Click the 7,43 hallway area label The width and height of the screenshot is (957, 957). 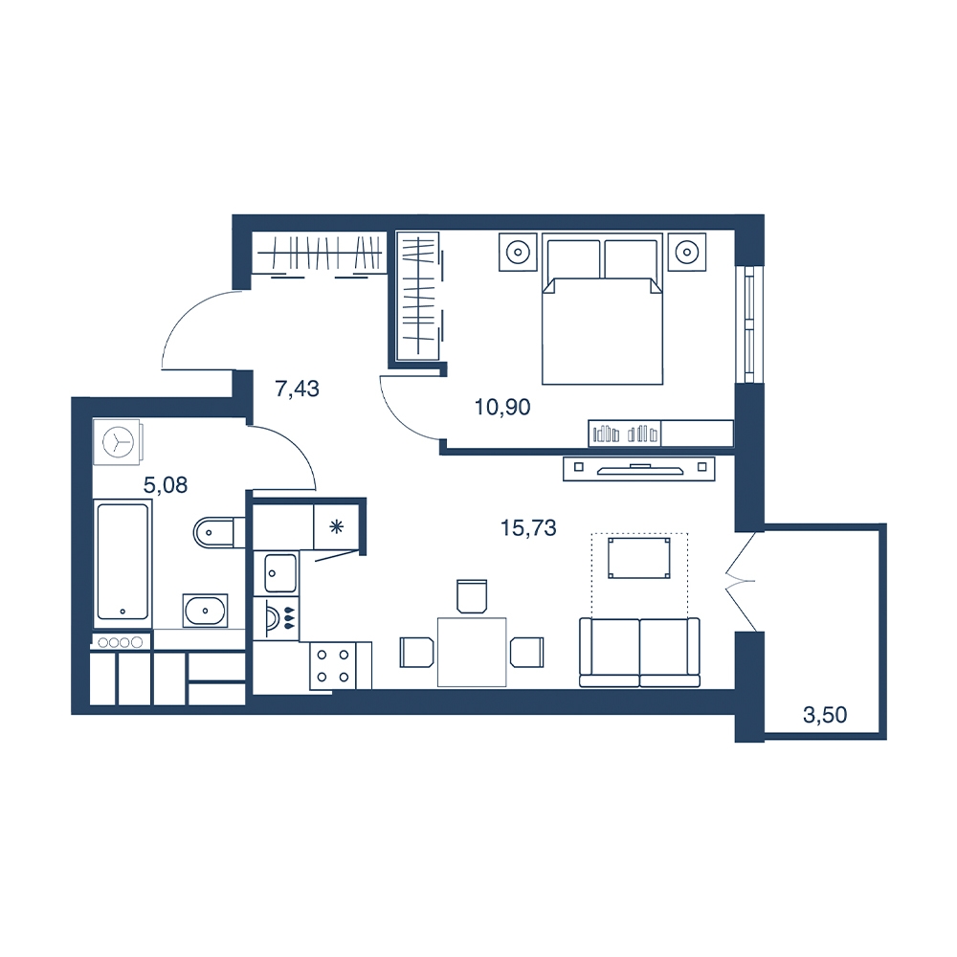click(298, 389)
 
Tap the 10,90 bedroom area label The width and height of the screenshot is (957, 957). click(502, 407)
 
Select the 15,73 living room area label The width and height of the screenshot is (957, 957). click(528, 528)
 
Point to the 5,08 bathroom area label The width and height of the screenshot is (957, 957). click(165, 485)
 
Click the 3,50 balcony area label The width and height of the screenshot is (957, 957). click(825, 715)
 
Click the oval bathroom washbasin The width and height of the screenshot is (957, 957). click(205, 611)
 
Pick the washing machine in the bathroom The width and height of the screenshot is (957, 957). click(119, 442)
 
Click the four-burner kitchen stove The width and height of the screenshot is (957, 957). click(333, 665)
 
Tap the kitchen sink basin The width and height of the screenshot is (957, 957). click(281, 573)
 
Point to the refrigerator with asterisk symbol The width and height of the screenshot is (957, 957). click(336, 526)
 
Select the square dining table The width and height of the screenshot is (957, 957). click(472, 652)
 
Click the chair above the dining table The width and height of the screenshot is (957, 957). click(472, 596)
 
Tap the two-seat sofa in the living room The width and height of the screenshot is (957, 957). click(639, 653)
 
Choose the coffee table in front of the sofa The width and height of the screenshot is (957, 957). click(639, 558)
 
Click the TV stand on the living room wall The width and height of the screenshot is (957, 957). click(639, 468)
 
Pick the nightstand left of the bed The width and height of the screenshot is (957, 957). click(518, 252)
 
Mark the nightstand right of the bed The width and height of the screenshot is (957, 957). click(686, 252)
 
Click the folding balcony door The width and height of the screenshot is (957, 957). click(741, 581)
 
